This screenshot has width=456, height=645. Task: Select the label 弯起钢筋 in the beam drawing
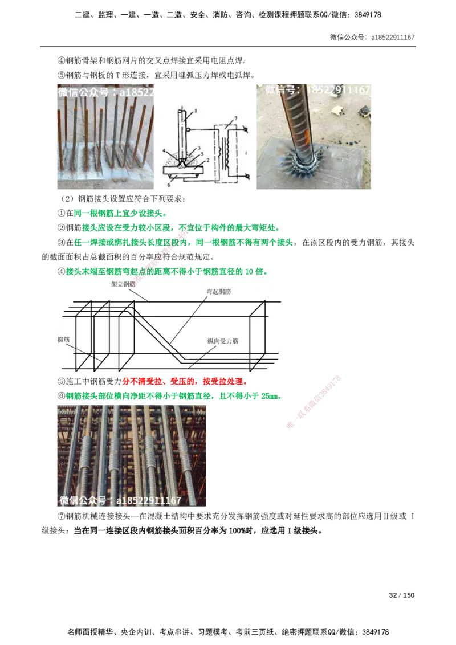coord(218,292)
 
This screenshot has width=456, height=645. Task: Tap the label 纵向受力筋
coord(223,341)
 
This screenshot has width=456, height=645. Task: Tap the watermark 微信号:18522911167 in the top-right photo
coord(318,90)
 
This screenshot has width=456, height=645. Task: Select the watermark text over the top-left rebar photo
coord(105,92)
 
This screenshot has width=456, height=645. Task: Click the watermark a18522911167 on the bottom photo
coord(120,500)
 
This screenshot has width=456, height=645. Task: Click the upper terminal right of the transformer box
coord(245,130)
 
